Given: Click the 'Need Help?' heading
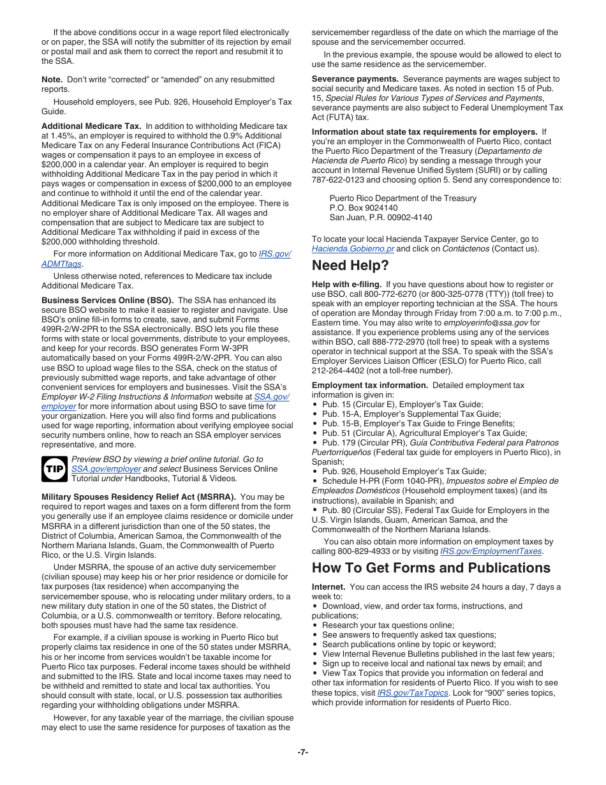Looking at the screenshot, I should (x=350, y=265).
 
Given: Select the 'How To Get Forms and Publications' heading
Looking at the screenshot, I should (x=431, y=568).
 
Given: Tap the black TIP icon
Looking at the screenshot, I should (x=54, y=469).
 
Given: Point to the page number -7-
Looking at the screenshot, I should (x=302, y=752).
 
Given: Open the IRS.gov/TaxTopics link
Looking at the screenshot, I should (x=413, y=692).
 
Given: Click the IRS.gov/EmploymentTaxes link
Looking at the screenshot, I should (x=491, y=551).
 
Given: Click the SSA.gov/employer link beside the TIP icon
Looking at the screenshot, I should (x=106, y=468).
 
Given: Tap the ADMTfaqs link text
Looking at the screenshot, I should (x=62, y=264).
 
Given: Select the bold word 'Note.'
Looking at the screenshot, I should (x=52, y=80).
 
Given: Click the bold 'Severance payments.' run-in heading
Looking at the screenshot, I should (x=355, y=79).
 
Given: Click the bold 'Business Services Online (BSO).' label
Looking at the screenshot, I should (x=107, y=300).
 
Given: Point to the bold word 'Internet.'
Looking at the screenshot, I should (x=329, y=587).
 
